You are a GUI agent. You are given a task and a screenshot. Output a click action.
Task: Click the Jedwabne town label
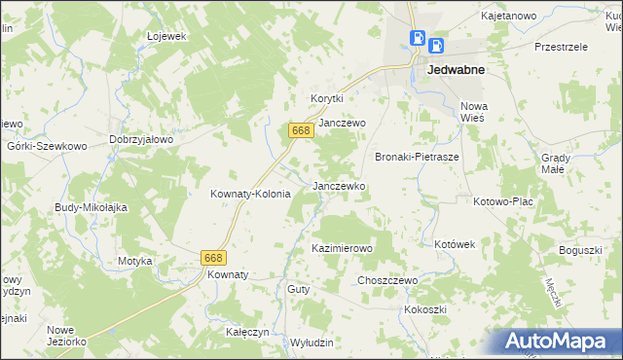[457, 70]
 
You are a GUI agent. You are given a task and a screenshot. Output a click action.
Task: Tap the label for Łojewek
[165, 36]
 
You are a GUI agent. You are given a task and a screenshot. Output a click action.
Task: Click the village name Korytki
[328, 98]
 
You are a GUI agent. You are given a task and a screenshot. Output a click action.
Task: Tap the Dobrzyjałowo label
[141, 139]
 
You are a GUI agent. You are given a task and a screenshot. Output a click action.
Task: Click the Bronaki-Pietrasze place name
[417, 156]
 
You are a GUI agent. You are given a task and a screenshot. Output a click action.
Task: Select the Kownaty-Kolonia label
[251, 194]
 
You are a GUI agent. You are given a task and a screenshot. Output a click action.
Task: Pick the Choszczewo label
[387, 280]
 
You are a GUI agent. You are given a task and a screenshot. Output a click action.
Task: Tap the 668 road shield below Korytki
[300, 130]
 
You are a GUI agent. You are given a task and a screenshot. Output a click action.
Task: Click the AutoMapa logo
[559, 342]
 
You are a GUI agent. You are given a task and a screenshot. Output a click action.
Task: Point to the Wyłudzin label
[311, 342]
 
